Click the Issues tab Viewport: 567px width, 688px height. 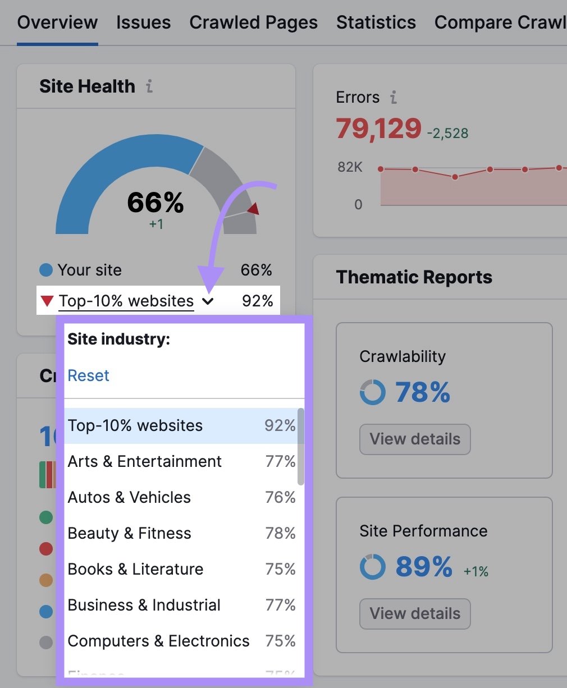143,22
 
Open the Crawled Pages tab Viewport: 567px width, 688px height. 253,22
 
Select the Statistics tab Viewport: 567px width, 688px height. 376,22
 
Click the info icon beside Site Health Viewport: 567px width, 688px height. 149,86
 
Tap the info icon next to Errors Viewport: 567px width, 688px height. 394,98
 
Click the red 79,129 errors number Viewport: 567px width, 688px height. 378,129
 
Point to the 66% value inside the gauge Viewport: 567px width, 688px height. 156,203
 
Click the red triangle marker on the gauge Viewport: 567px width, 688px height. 253,209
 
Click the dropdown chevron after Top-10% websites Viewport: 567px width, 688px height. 208,301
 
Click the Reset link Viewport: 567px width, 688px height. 88,375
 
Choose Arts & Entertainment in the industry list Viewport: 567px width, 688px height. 145,461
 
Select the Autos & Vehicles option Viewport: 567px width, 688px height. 129,497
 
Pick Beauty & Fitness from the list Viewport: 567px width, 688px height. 129,533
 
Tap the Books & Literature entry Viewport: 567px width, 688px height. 135,569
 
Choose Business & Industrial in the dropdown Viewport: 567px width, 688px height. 144,605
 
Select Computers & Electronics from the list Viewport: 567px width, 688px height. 158,641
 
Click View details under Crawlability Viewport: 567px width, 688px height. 415,439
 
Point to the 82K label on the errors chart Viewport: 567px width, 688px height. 350,167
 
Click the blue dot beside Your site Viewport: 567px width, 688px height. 46,270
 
